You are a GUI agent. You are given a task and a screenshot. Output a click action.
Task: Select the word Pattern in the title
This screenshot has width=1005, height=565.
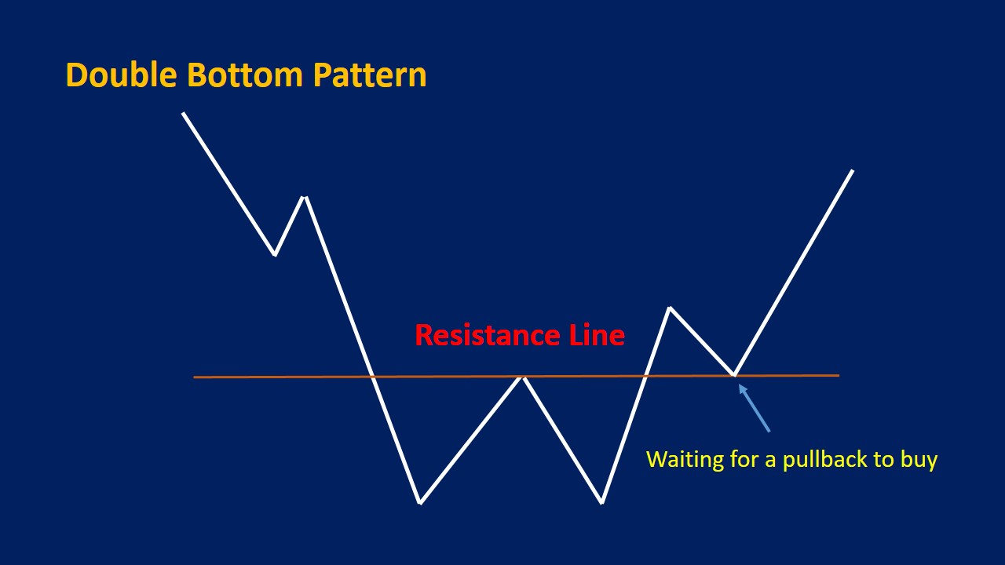click(370, 75)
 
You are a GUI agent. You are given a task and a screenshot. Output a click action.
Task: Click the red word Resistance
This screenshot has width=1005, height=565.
click(487, 336)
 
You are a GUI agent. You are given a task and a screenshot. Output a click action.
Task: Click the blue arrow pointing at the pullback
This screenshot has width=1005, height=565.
click(754, 408)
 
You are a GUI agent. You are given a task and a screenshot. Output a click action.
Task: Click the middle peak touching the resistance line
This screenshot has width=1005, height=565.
click(521, 377)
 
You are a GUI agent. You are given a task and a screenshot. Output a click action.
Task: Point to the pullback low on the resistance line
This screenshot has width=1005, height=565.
click(734, 375)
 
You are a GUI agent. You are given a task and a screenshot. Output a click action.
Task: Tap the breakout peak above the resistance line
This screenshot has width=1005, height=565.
click(670, 308)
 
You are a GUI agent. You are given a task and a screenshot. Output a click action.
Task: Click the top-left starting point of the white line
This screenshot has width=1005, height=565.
click(183, 113)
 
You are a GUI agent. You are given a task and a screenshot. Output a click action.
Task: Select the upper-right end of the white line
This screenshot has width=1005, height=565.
click(853, 170)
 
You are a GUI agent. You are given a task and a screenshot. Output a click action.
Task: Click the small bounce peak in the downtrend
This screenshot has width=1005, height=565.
click(305, 197)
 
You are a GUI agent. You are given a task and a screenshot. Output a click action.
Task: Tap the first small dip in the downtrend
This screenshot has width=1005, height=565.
click(274, 254)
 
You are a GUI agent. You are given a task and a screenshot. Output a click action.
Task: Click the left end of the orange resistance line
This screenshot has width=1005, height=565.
click(195, 377)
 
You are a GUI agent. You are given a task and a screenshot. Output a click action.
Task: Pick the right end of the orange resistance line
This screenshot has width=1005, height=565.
click(839, 376)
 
